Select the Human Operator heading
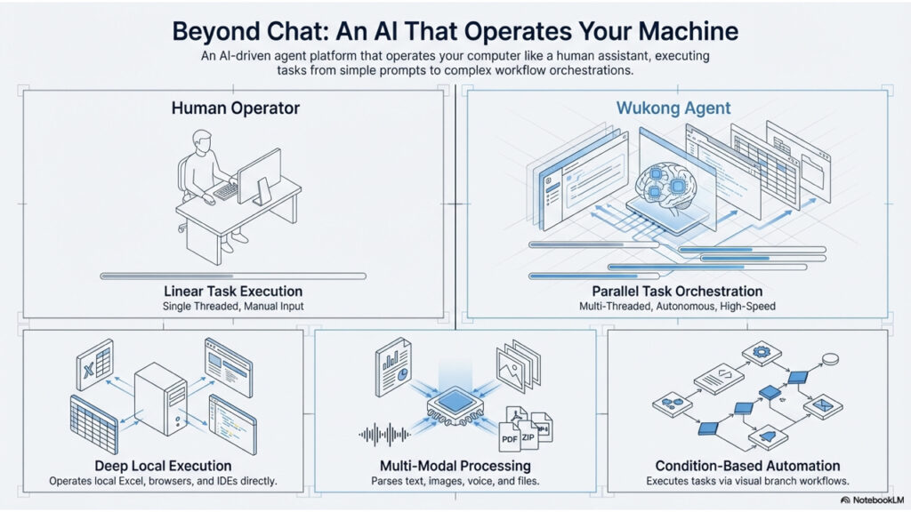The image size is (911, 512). pos(235,108)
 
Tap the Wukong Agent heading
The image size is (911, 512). pos(673,108)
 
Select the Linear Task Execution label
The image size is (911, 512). pos(233,292)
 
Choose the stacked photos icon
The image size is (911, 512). pos(516,364)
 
